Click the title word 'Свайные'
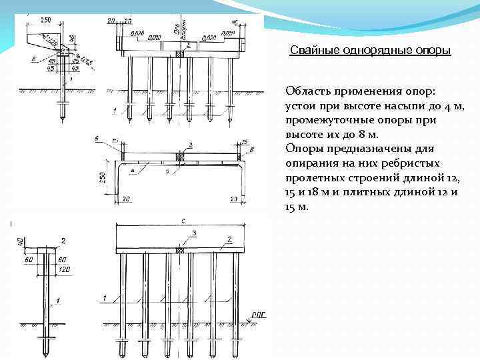pos(311,51)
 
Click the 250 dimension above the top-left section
pos(45,21)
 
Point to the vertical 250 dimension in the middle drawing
pos(103,179)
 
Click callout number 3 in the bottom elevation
pos(195,233)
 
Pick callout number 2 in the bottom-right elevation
pos(228,238)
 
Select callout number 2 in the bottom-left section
pos(63,239)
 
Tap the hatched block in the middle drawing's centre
pos(179,156)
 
